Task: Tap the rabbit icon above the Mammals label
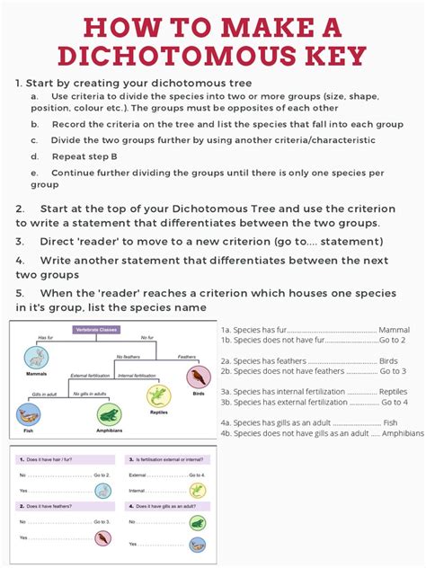(38, 359)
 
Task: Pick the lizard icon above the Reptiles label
(158, 395)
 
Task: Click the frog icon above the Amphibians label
(108, 414)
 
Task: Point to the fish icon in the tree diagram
(29, 414)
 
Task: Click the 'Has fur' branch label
(45, 338)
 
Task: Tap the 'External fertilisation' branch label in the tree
(91, 375)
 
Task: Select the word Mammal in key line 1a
(394, 330)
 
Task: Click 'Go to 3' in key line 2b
(392, 370)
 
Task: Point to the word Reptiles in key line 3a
(393, 391)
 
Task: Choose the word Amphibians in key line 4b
(402, 432)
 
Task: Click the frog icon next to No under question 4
(197, 522)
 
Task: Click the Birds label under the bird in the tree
(199, 393)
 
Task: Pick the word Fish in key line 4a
(389, 422)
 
